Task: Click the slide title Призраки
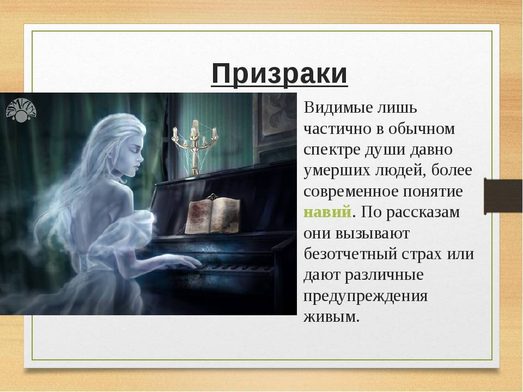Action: (x=279, y=74)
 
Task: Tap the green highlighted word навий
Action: (x=327, y=212)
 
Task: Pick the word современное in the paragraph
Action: (x=351, y=192)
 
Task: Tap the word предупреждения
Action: (x=366, y=296)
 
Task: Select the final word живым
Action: (x=331, y=316)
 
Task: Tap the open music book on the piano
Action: (x=212, y=215)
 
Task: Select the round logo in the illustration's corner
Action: (x=21, y=111)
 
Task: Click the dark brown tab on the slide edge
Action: (x=503, y=197)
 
